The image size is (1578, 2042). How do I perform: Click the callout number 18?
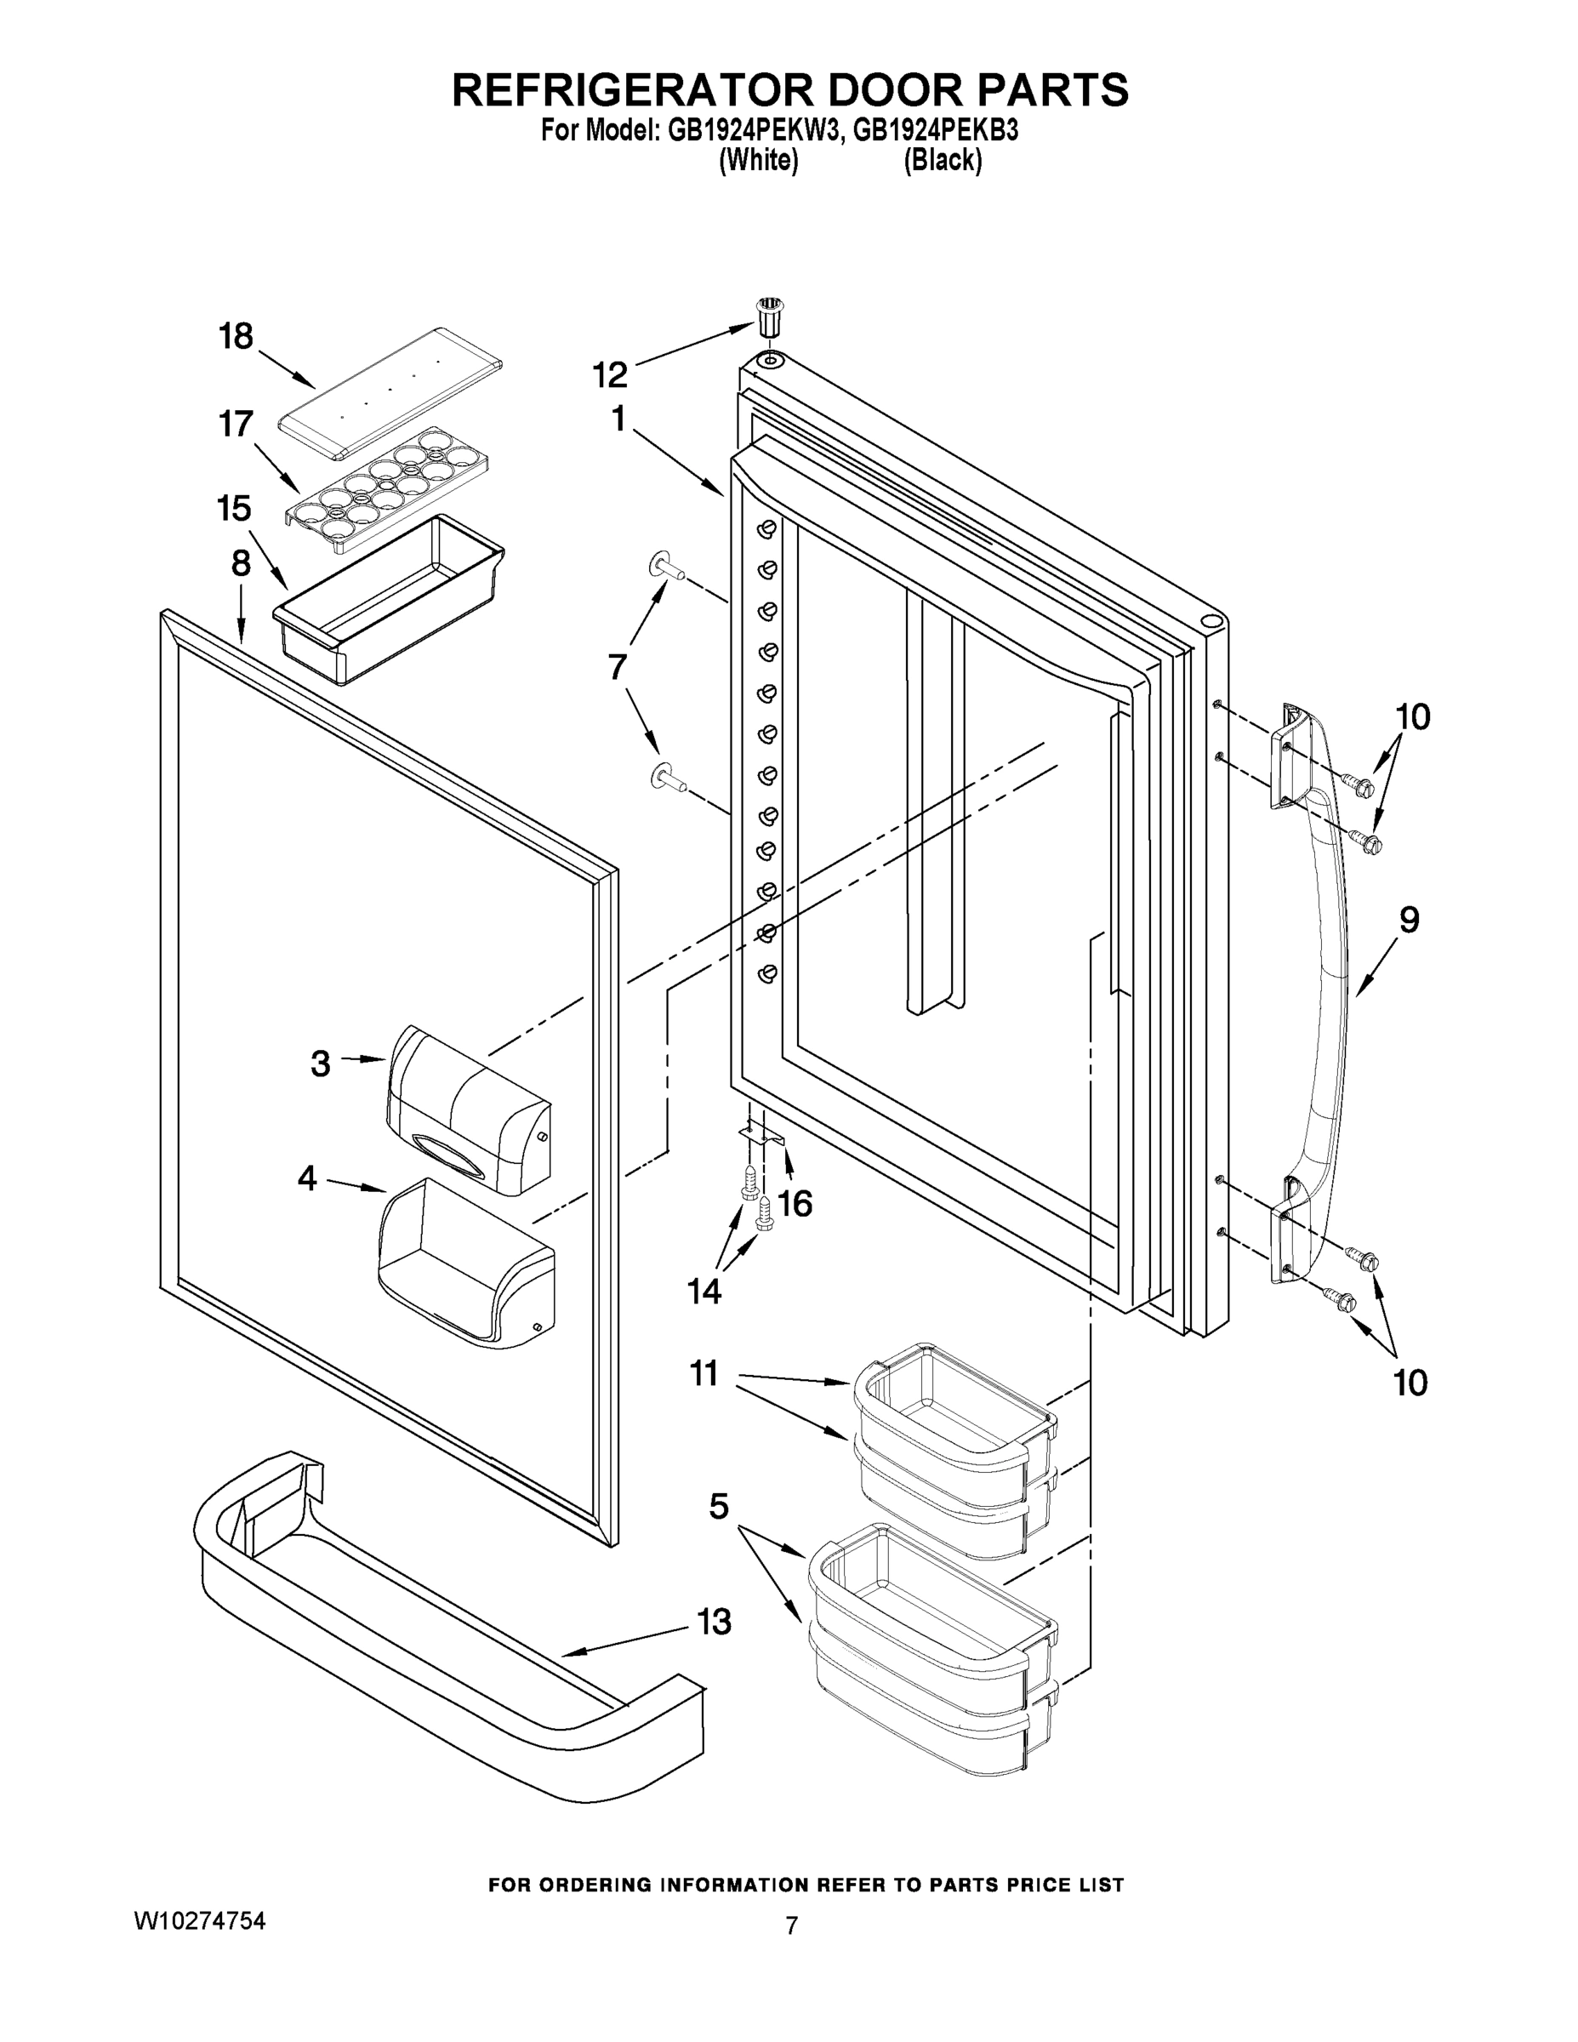click(x=236, y=337)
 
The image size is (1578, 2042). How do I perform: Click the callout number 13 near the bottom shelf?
click(x=713, y=1621)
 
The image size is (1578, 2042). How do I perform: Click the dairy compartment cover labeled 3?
click(x=467, y=1108)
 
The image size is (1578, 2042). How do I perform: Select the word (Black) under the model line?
click(x=943, y=161)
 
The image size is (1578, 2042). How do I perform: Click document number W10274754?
click(x=200, y=1920)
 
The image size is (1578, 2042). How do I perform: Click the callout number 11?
click(x=704, y=1373)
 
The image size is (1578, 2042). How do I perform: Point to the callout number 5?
click(x=718, y=1505)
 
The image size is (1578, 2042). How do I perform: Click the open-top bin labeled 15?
click(x=388, y=598)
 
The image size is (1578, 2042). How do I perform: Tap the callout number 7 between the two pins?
click(x=617, y=668)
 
